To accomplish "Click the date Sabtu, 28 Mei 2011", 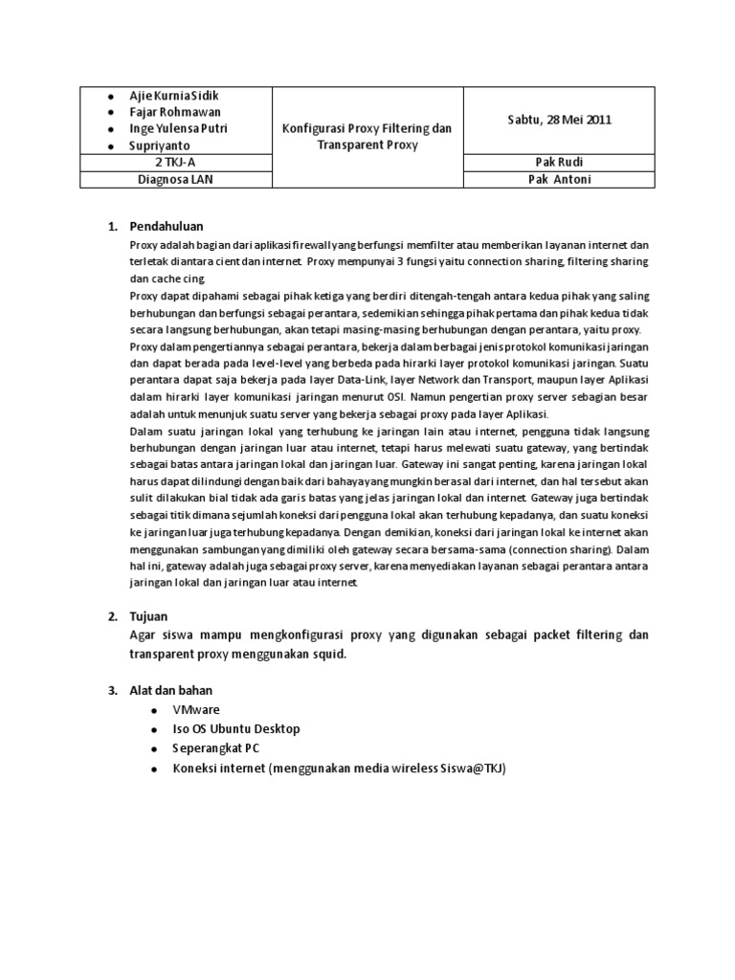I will click(559, 120).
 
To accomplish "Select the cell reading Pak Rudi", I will click(559, 163).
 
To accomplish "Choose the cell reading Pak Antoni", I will click(559, 179).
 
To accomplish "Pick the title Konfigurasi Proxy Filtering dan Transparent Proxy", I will click(367, 136).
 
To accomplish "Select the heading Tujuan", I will click(148, 616).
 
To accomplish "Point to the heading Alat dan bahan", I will click(172, 689).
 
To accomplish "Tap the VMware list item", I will click(196, 709).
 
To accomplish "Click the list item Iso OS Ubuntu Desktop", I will click(235, 728).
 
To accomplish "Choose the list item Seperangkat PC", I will click(215, 747).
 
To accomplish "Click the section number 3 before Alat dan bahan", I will click(111, 689).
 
